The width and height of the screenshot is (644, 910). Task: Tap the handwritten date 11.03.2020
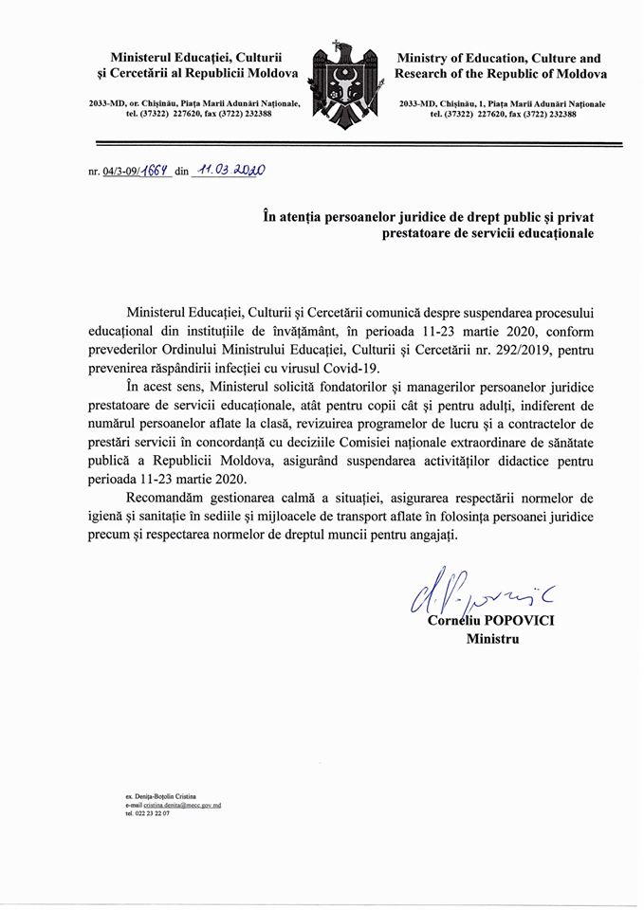point(229,171)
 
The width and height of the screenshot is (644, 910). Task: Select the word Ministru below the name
point(492,639)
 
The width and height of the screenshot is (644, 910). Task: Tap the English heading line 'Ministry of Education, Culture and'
point(498,58)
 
